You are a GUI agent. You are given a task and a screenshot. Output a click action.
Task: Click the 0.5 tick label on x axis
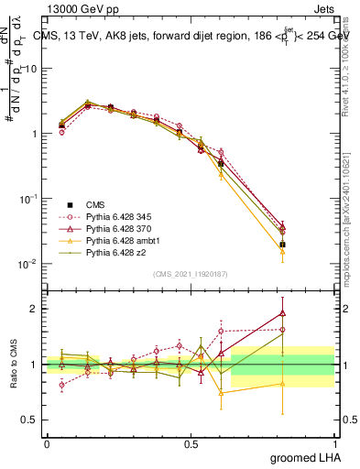click(x=191, y=443)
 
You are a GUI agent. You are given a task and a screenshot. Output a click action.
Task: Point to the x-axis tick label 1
click(x=334, y=443)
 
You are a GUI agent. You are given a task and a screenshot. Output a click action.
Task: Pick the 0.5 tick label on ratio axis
click(x=30, y=420)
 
